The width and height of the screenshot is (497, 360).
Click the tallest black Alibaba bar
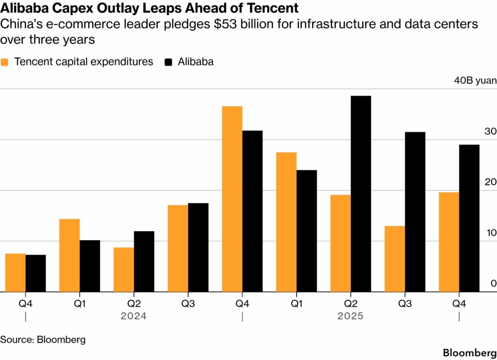tap(361, 194)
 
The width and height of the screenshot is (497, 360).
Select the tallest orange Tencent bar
tap(232, 199)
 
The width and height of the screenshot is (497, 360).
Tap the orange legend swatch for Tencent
tap(6, 62)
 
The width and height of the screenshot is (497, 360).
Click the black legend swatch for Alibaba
tap(169, 62)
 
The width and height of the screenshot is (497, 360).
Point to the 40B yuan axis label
tap(475, 81)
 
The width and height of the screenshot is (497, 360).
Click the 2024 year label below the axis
tap(133, 316)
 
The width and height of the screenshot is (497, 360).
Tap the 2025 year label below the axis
tap(350, 316)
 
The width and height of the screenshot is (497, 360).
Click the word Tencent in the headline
tap(273, 8)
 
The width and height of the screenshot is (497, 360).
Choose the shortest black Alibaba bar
tap(35, 274)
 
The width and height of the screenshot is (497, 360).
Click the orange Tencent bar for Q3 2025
tap(395, 259)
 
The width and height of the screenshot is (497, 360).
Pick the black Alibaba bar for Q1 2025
tap(306, 231)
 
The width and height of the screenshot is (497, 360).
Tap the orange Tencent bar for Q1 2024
tap(69, 256)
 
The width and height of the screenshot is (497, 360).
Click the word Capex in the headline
tap(73, 8)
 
